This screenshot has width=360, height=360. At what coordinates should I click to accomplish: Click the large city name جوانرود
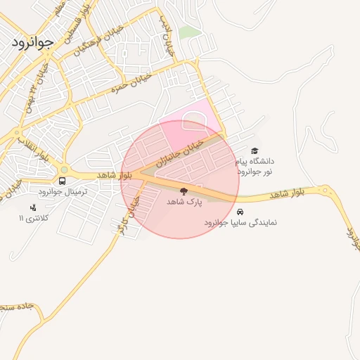click(32, 42)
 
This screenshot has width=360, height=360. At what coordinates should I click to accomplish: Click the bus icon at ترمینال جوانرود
click(63, 181)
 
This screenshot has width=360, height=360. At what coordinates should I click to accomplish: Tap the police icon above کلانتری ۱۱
click(33, 207)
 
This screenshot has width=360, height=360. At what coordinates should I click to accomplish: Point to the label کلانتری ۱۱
click(34, 219)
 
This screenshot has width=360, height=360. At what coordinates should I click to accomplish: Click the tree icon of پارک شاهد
click(184, 191)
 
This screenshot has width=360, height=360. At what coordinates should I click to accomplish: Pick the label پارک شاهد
click(184, 202)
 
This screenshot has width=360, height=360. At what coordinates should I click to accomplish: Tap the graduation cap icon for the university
click(255, 150)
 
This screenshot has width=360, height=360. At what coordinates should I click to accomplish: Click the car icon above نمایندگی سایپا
click(240, 211)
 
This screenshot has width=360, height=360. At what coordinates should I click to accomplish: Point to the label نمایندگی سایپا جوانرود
click(240, 222)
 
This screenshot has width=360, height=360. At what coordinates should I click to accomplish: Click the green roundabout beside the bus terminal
click(64, 169)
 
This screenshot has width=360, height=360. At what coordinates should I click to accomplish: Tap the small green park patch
click(188, 32)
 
